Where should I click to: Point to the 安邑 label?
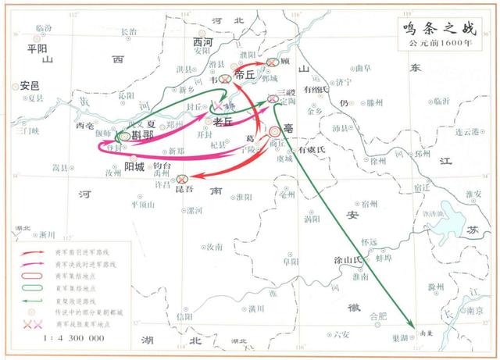(30, 85)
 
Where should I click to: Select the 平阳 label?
(37, 48)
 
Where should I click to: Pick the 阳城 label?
(134, 167)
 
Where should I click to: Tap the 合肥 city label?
(378, 316)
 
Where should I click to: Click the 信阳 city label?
(184, 316)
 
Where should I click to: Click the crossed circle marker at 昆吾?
(183, 179)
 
